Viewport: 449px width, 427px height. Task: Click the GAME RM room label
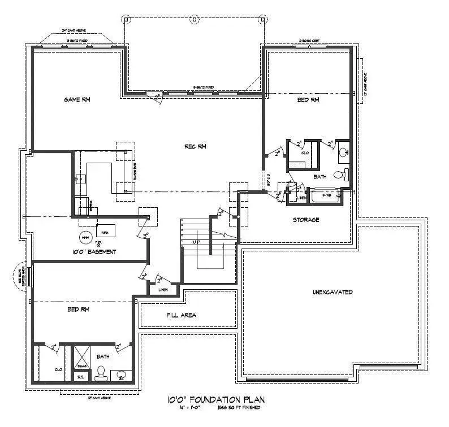[77, 99]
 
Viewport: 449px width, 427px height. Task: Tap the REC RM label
[195, 146]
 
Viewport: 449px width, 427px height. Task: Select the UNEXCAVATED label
[333, 292]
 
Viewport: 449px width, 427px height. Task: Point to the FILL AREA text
[182, 315]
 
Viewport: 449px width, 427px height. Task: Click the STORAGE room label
[306, 220]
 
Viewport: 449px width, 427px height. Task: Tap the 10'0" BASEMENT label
[94, 251]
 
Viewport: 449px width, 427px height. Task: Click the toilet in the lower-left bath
[101, 372]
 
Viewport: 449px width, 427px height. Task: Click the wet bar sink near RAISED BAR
[79, 178]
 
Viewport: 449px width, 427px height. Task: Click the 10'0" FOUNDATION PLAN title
[217, 400]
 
